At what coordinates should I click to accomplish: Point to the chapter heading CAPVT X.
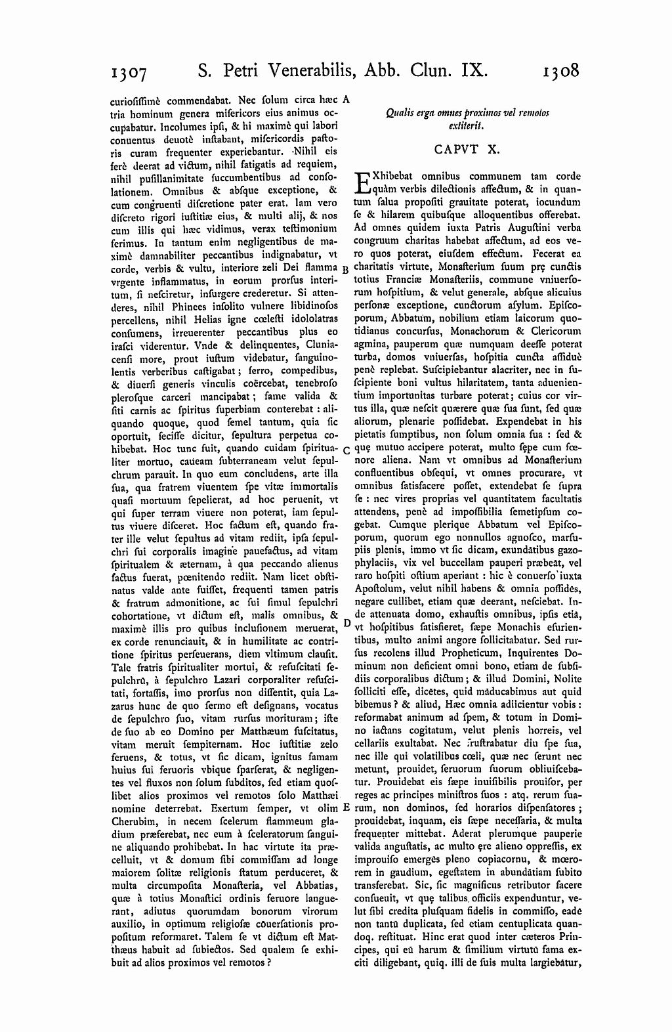tap(467, 149)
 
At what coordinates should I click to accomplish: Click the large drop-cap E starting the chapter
tap(363, 183)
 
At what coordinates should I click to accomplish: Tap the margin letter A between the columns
tap(346, 100)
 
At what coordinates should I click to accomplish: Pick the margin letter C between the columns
tap(346, 451)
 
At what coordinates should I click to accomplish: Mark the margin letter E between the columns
tap(346, 807)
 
